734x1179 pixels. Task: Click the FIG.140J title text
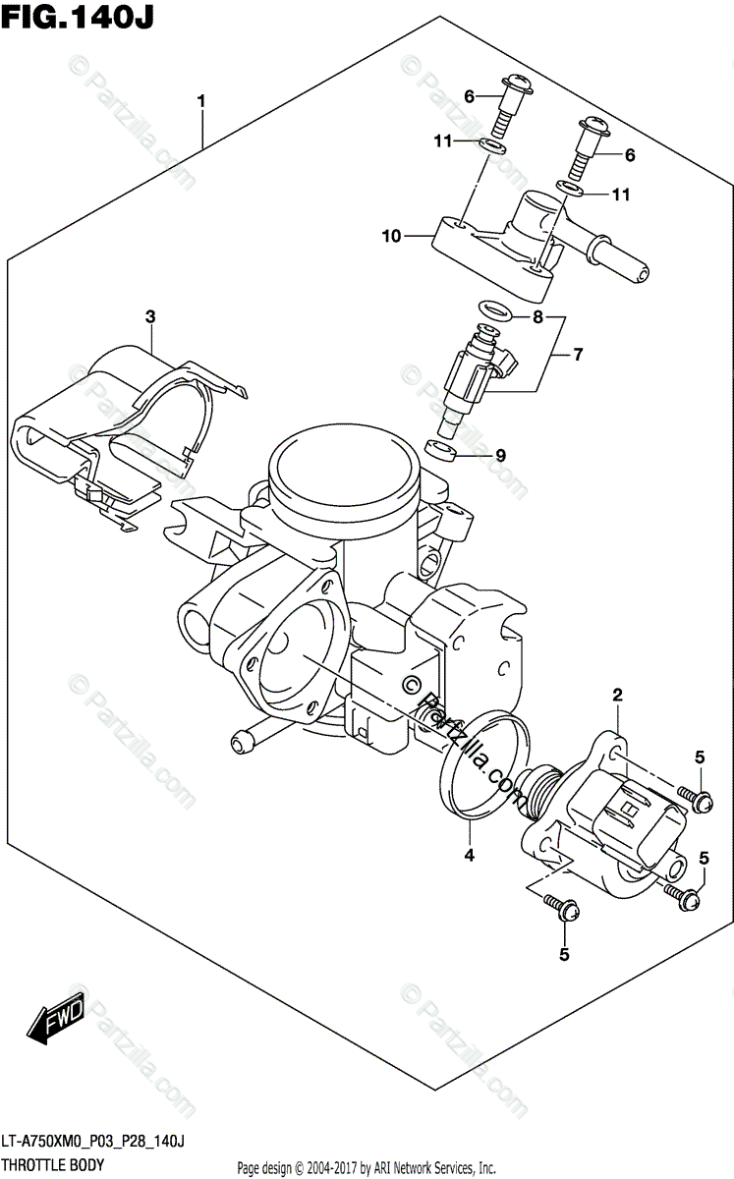[x=78, y=17]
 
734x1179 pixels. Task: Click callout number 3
[x=150, y=316]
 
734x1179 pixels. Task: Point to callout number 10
[x=392, y=236]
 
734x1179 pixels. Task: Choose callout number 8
[x=537, y=317]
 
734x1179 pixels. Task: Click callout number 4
[x=469, y=855]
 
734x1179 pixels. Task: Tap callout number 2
[x=618, y=697]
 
